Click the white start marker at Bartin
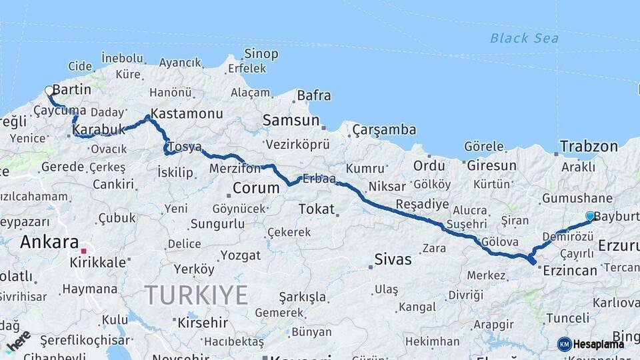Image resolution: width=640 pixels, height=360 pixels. [49, 90]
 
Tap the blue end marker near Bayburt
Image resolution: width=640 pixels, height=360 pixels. [589, 216]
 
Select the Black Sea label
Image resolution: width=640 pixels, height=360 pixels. [524, 38]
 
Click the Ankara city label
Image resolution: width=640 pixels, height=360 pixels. [49, 242]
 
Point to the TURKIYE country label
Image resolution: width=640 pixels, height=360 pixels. [197, 295]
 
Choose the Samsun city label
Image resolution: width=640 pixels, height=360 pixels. [291, 121]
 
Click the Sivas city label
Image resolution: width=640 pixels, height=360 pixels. [393, 259]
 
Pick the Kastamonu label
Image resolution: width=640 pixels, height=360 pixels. [186, 113]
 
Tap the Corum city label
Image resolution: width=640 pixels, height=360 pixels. [256, 188]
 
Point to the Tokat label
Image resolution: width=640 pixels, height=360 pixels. [316, 209]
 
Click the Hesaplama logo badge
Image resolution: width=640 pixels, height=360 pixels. [591, 344]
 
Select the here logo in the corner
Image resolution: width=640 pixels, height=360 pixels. [17, 342]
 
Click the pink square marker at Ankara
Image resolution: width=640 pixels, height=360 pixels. [83, 251]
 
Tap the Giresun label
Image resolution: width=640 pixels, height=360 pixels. [491, 165]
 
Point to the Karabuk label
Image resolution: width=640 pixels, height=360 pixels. [99, 129]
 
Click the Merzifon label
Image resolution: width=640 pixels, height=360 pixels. [235, 169]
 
